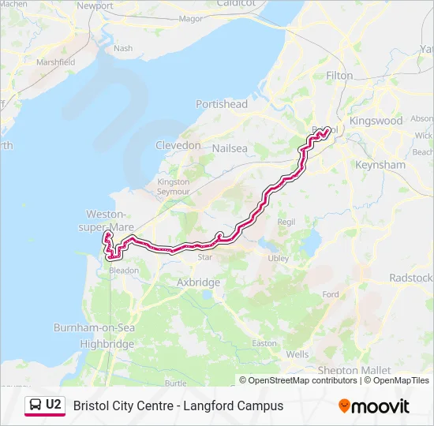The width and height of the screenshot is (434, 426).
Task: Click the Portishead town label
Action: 222,104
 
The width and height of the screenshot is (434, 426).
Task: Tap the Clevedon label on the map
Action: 178,146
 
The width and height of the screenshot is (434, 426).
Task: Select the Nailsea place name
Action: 230,148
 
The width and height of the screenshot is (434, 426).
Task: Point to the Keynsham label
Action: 380,166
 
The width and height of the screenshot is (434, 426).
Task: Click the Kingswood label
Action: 376,121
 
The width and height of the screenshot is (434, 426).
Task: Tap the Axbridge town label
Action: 199,282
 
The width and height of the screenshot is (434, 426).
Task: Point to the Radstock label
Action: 411,278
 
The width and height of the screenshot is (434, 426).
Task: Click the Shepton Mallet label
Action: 349,370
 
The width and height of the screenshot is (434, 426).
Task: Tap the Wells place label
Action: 297,354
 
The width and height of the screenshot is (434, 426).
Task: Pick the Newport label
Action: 95,6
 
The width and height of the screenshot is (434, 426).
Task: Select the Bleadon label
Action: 124,270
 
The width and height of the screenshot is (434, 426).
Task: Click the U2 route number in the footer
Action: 53,405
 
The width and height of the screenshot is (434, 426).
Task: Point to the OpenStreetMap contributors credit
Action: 303,380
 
